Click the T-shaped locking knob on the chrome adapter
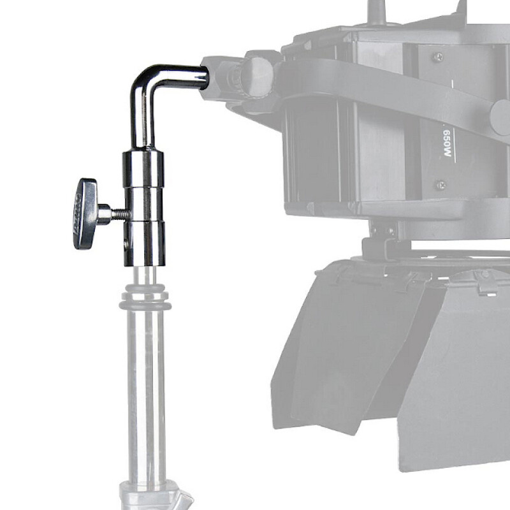(85, 213)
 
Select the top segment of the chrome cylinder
(143, 167)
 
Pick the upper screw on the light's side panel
(438, 57)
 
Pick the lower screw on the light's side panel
(440, 185)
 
